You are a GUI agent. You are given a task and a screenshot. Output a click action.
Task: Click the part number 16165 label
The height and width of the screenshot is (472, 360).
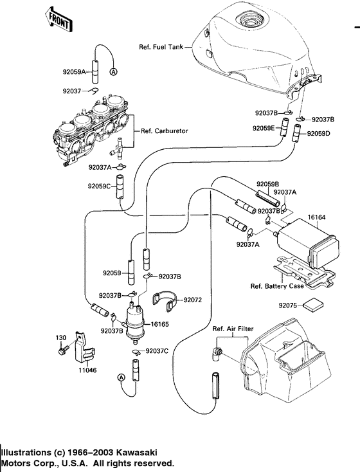[x=159, y=324]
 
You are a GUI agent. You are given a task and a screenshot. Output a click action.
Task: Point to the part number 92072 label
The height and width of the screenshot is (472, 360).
[x=192, y=300]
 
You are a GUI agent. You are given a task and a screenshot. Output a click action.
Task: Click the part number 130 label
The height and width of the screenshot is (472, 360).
[x=60, y=338]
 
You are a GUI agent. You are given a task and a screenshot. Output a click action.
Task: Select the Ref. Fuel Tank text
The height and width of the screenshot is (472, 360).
[x=161, y=47]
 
